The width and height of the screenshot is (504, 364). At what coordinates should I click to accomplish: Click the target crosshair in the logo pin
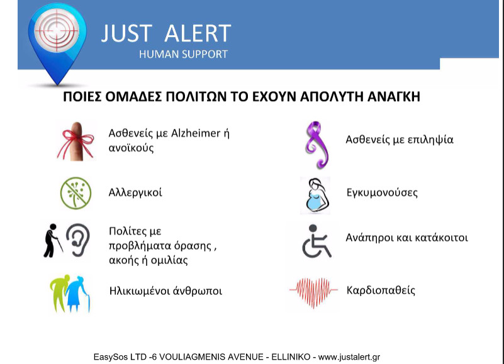click(x=57, y=31)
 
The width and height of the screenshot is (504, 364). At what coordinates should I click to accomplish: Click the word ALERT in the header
click(x=198, y=33)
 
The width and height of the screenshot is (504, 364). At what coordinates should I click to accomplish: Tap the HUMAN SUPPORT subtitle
click(x=183, y=54)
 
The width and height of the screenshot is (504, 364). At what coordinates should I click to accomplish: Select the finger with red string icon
click(x=76, y=141)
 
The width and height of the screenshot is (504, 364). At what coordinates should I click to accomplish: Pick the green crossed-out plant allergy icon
click(x=76, y=193)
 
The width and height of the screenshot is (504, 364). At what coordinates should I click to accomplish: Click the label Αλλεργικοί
click(x=135, y=192)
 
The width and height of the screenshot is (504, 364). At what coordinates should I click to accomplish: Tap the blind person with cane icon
click(x=53, y=241)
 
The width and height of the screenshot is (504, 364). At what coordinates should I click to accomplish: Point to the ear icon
click(x=78, y=240)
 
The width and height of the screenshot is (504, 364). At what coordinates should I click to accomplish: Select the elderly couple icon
click(x=70, y=294)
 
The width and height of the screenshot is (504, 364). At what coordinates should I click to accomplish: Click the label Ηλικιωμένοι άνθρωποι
click(x=165, y=291)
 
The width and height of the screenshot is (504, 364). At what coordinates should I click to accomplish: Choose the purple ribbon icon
click(x=316, y=145)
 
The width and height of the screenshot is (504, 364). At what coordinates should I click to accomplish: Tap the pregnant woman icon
click(x=316, y=195)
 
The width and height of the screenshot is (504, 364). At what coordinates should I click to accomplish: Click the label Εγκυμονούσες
click(x=382, y=192)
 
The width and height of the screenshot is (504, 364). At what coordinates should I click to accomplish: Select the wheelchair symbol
click(x=316, y=241)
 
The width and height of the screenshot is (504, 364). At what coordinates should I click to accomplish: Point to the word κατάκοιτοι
click(x=441, y=238)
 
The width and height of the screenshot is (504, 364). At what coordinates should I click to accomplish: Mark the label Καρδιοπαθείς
click(x=381, y=290)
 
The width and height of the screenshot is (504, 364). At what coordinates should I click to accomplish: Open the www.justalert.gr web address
click(x=349, y=357)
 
